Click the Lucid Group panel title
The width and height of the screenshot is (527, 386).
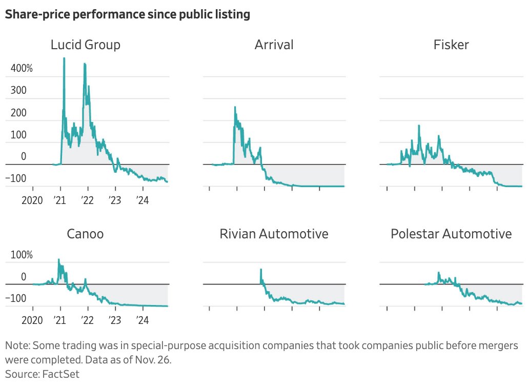86,45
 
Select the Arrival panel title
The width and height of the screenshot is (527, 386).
274,45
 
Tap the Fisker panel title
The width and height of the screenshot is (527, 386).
451,45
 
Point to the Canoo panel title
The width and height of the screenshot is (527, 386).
85,234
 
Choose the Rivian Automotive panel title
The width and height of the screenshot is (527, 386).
274,234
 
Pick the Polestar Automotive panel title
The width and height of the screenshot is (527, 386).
451,234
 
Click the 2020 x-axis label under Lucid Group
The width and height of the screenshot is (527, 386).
32,200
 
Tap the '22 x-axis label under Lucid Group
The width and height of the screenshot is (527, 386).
88,200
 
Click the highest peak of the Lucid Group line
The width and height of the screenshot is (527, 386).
64,58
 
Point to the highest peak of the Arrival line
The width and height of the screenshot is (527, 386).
235,107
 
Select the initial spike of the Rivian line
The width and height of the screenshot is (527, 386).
261,269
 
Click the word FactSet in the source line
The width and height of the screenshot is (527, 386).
60,374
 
